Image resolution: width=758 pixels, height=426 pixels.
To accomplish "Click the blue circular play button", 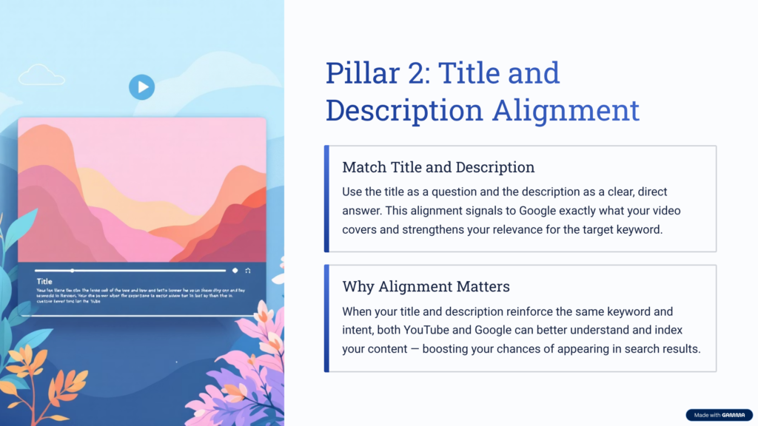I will click(141, 87).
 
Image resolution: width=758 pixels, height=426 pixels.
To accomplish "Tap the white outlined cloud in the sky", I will click(41, 75).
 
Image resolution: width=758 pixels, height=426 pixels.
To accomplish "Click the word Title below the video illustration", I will click(44, 282).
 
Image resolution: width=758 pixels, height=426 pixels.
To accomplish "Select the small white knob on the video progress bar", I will click(73, 271).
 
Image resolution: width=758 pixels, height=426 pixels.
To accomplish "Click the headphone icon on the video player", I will click(247, 271).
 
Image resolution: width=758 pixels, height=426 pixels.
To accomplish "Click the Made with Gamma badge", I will click(719, 415).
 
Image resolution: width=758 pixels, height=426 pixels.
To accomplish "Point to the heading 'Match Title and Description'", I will click(438, 167).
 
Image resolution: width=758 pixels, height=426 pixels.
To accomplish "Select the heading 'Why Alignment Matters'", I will click(426, 286).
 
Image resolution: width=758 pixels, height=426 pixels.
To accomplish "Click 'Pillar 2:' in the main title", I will click(372, 74).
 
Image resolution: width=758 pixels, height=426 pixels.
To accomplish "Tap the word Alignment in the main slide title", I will click(566, 111).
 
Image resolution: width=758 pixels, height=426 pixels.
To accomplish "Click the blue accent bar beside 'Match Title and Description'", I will click(326, 198).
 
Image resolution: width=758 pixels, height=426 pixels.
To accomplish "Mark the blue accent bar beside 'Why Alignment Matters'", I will click(326, 318).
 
